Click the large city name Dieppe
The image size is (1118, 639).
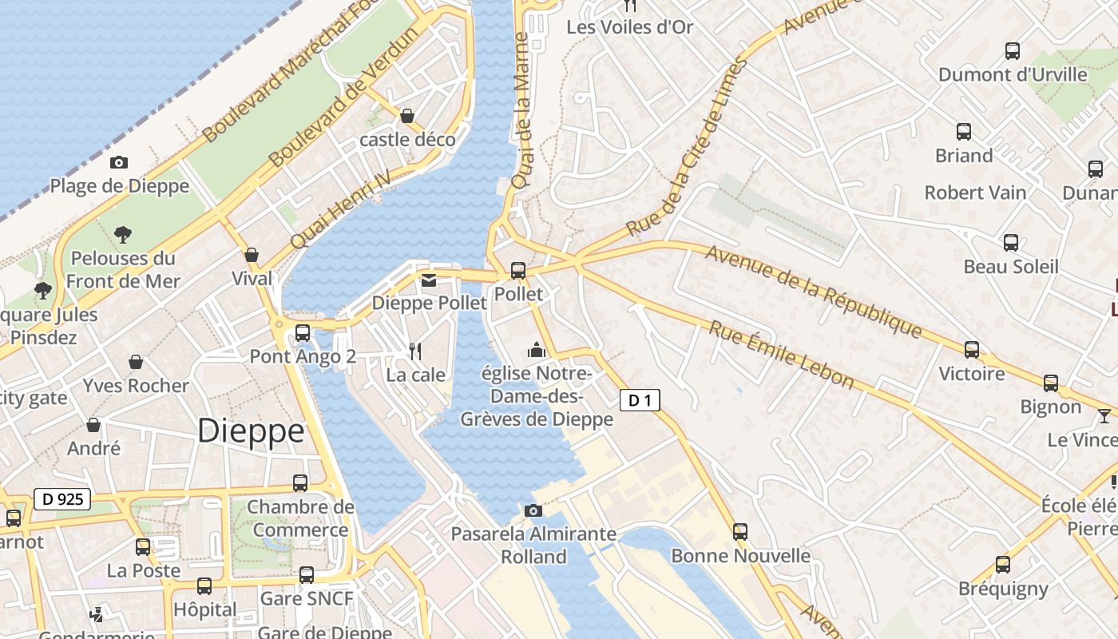click(x=251, y=431)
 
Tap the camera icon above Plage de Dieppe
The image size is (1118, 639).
click(x=118, y=163)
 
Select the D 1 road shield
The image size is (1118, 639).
click(x=640, y=400)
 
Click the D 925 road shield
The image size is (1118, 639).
click(x=62, y=500)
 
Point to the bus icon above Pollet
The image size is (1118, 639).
click(x=518, y=271)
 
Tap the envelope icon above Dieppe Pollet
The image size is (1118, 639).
click(x=429, y=280)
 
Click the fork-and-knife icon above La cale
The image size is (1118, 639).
click(x=415, y=351)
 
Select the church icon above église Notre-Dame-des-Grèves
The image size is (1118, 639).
click(x=536, y=350)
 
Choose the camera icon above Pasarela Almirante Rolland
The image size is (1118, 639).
click(x=533, y=510)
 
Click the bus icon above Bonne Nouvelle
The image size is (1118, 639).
click(x=740, y=532)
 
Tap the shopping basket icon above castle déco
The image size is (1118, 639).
click(x=407, y=116)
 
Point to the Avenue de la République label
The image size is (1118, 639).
click(x=814, y=291)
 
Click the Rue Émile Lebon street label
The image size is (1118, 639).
click(x=782, y=355)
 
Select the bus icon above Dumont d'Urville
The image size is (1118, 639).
click(x=1013, y=51)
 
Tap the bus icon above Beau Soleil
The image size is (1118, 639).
click(x=1011, y=243)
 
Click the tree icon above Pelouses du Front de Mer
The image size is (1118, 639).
click(x=122, y=234)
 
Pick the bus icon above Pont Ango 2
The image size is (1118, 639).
click(x=303, y=333)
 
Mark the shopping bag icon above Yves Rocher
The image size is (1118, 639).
click(x=136, y=362)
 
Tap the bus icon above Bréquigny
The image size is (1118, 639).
click(x=1003, y=565)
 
